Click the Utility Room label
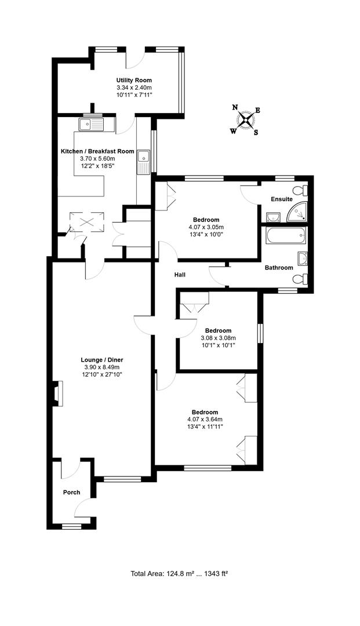(134, 80)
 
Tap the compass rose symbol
(246, 120)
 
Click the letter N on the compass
(235, 107)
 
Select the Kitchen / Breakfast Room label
(97, 151)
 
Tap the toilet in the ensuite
(300, 191)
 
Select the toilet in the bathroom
(300, 279)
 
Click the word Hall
(179, 274)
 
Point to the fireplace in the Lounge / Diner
(56, 394)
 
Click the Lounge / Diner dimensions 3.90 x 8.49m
(101, 367)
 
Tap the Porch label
(71, 493)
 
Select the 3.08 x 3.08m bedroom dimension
(217, 338)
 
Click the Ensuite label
(281, 199)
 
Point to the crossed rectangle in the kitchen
(81, 221)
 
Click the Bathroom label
(279, 268)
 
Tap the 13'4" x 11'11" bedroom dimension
(205, 427)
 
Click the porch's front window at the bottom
(71, 526)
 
